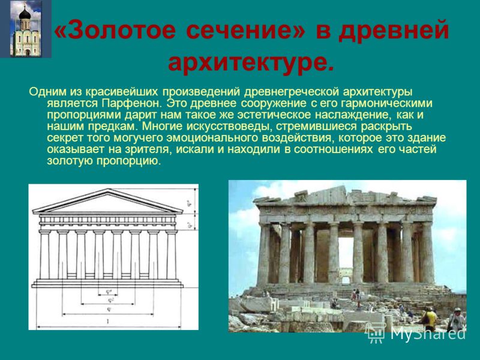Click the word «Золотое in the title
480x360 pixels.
click(x=115, y=31)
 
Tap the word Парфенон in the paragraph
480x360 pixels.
click(x=131, y=103)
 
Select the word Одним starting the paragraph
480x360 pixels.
click(x=47, y=92)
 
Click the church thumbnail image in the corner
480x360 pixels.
click(x=26, y=29)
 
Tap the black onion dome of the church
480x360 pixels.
click(x=25, y=13)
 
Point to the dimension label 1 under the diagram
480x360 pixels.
click(x=108, y=322)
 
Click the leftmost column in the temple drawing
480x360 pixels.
click(x=44, y=254)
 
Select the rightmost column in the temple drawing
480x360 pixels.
click(x=172, y=254)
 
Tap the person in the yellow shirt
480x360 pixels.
click(x=430, y=319)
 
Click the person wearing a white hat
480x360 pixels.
click(x=457, y=319)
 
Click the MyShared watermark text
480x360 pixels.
click(x=428, y=333)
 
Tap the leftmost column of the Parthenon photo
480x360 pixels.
click(x=263, y=254)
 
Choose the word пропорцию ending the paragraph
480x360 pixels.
click(x=128, y=161)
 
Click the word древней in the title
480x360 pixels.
click(x=394, y=31)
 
